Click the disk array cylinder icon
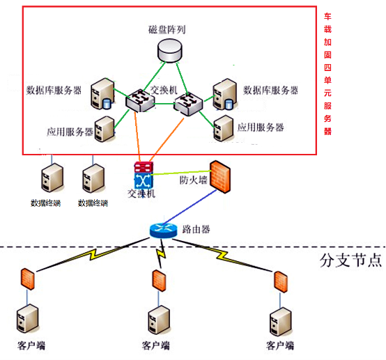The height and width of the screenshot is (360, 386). click(x=169, y=51)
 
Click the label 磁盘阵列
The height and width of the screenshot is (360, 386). click(x=167, y=29)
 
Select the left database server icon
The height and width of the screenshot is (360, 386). click(x=102, y=94)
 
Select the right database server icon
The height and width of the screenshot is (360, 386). click(x=224, y=94)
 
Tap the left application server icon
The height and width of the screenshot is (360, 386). click(x=105, y=130)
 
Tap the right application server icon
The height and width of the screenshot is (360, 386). click(x=224, y=128)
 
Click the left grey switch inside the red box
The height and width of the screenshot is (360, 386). click(x=140, y=101)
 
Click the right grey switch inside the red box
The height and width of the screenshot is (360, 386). click(x=188, y=104)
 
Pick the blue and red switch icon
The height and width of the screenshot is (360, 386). click(x=144, y=175)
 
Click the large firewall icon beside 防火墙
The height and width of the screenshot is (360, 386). click(x=220, y=176)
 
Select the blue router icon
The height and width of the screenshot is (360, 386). click(x=164, y=230)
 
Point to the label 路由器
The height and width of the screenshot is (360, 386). click(x=196, y=229)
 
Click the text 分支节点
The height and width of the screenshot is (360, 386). click(x=350, y=260)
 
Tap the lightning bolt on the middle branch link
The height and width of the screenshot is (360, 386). click(x=161, y=253)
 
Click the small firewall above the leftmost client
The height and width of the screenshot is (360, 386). click(x=27, y=279)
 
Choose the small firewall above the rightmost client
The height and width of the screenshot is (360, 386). click(x=281, y=282)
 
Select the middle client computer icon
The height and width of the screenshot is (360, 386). click(x=159, y=320)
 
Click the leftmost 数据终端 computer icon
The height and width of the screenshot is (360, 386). click(x=52, y=178)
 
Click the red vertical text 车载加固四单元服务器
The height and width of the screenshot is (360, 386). click(x=327, y=74)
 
